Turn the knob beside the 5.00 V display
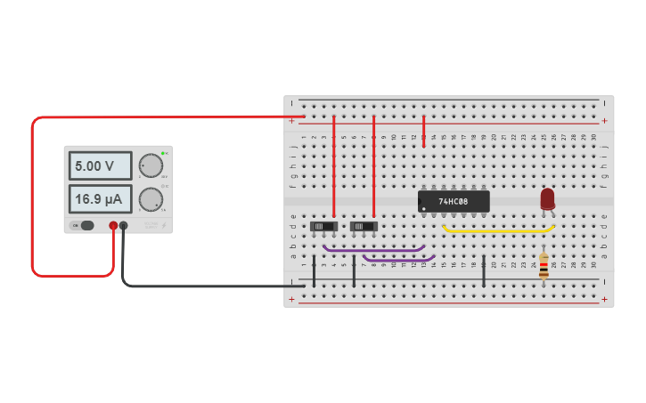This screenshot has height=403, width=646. coord(151,166)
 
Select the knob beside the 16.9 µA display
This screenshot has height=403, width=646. coord(151,199)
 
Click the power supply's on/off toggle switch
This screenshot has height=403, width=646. coord(85,225)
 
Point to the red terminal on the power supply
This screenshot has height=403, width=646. coord(113,226)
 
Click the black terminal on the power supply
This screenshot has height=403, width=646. coord(124,226)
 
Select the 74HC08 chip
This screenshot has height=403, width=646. coord(454,201)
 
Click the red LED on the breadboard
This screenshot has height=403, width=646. coord(547,198)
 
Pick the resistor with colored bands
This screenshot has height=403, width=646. coord(544,265)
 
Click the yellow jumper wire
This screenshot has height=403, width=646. coord(499,230)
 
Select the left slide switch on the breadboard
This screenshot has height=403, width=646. coord(322,227)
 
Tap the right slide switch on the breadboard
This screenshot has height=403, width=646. coord(363,227)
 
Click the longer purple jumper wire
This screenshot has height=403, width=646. coord(374,250)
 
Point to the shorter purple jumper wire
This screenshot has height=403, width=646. coord(398,260)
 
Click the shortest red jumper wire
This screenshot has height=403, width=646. coord(424,130)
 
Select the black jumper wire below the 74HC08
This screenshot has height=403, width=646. coord(484,271)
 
